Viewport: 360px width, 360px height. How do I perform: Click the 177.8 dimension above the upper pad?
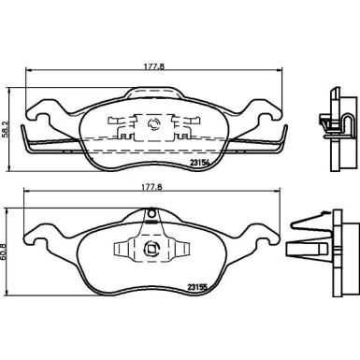click(x=153, y=66)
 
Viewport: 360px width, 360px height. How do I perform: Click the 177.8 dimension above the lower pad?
click(x=152, y=187)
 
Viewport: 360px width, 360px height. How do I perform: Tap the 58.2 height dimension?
click(x=5, y=129)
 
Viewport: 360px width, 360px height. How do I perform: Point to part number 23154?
click(x=199, y=163)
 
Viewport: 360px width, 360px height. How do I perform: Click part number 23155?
click(x=197, y=287)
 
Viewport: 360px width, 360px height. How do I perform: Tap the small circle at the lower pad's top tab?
click(x=151, y=214)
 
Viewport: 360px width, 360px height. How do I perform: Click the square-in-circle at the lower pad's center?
click(x=151, y=249)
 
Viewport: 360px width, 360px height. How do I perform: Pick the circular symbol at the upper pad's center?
click(x=153, y=123)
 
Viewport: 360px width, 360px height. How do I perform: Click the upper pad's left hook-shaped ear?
click(x=39, y=112)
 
